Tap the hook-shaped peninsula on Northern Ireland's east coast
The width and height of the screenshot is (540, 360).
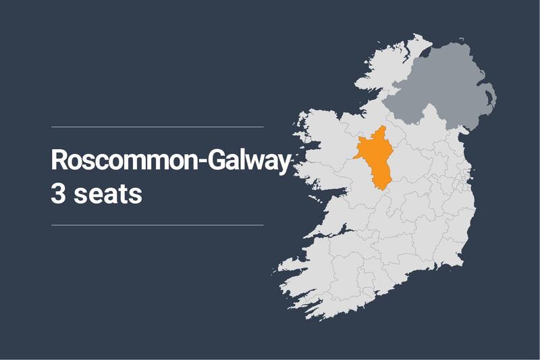492,98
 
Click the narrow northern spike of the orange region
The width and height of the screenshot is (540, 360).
382,129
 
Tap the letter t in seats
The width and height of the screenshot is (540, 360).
123,192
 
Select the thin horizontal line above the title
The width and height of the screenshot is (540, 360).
157,126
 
